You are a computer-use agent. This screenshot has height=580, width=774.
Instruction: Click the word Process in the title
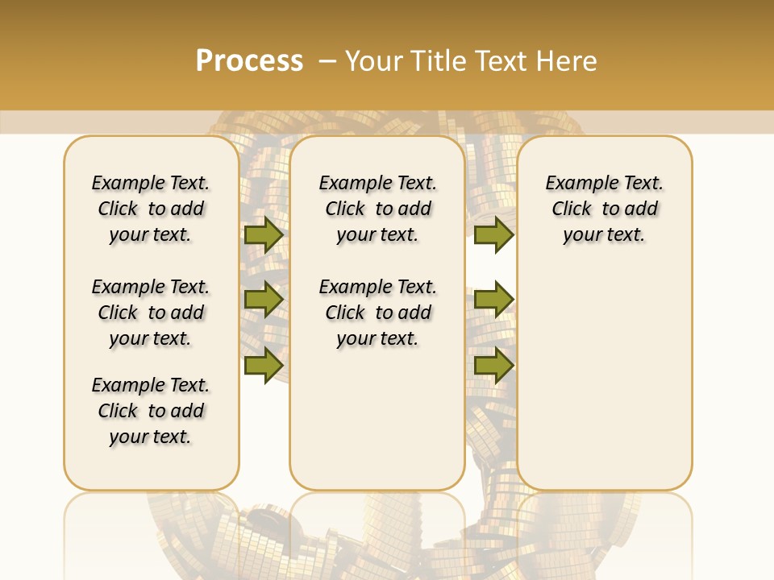click(249, 61)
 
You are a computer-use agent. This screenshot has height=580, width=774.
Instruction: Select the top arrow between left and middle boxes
click(263, 234)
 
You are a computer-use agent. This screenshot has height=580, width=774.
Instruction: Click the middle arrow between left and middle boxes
click(263, 300)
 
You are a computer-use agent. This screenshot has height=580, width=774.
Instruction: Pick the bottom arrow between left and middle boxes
click(263, 365)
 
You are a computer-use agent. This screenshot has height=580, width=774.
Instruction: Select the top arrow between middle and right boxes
click(493, 234)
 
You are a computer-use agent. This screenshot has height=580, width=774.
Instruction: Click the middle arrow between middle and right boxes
click(493, 300)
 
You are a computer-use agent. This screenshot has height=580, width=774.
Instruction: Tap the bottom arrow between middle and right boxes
click(493, 365)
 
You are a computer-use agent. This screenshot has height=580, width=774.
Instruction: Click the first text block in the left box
click(151, 209)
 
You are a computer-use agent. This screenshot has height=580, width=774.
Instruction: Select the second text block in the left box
click(151, 313)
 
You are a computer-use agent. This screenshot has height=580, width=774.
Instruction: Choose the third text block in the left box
click(151, 411)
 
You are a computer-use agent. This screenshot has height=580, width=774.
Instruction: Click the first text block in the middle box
click(377, 209)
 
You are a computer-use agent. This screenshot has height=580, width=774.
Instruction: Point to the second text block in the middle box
click(377, 313)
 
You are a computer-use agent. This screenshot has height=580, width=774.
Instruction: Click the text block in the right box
click(605, 209)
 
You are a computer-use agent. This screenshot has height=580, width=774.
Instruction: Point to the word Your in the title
click(375, 61)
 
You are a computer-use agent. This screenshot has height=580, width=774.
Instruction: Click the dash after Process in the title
click(327, 61)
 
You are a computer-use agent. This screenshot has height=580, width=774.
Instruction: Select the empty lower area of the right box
click(605, 371)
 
